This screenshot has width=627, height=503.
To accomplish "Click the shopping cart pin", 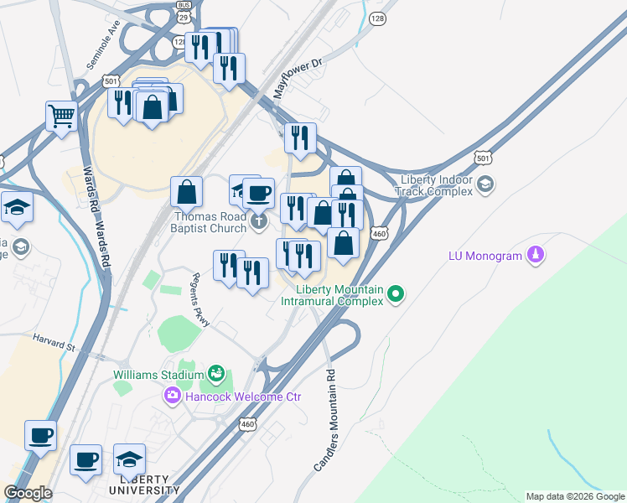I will pos(61,117).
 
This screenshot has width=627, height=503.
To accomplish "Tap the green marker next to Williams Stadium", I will pos(217,372).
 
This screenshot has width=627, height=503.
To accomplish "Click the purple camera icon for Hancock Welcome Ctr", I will pos(174,395).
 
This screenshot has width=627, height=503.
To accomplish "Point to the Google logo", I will pos(28,492).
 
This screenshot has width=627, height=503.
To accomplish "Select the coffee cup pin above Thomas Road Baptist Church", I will pos(258,193).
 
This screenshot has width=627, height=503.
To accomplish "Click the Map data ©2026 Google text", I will pos(574,496).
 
